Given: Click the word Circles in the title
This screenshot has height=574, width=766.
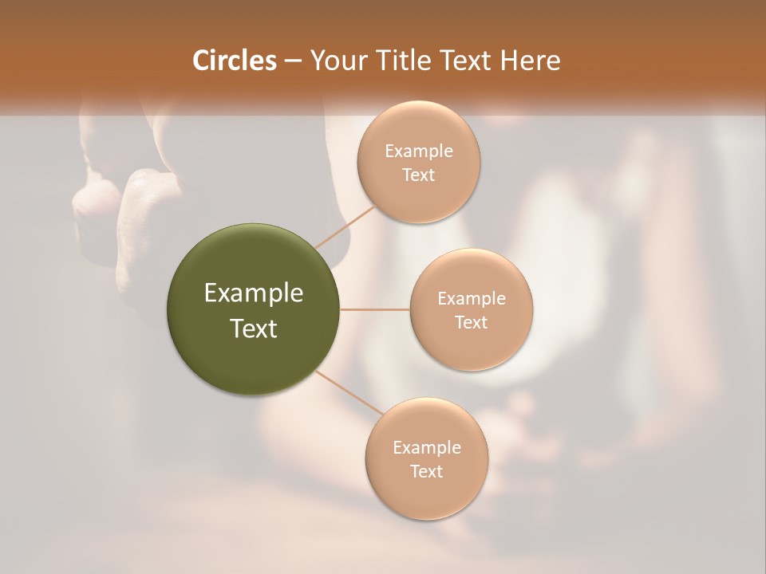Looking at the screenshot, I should click(x=234, y=61).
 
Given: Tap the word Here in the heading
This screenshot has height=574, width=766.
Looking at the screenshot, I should click(x=530, y=61).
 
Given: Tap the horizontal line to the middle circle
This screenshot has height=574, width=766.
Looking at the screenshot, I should click(x=375, y=309).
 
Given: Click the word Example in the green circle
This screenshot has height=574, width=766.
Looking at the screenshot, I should click(x=254, y=293).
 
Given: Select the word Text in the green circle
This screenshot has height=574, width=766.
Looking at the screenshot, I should click(x=254, y=328).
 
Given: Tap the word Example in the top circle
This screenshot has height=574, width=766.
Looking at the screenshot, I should click(x=418, y=151).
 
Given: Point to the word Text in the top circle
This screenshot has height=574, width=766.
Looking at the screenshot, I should click(x=418, y=175).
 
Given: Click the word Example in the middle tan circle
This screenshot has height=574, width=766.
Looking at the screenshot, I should click(x=471, y=299).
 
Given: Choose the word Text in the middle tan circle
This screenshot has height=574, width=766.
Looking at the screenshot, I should click(x=471, y=323).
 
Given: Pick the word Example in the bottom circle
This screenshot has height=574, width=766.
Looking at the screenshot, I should click(x=426, y=448).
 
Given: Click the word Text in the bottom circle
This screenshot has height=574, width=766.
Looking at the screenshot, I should click(x=426, y=472).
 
